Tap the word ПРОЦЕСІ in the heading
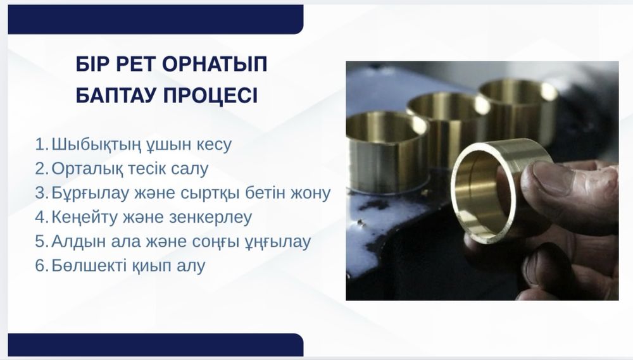(217, 96)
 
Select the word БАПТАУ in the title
(121, 96)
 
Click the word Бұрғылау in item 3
(85, 193)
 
